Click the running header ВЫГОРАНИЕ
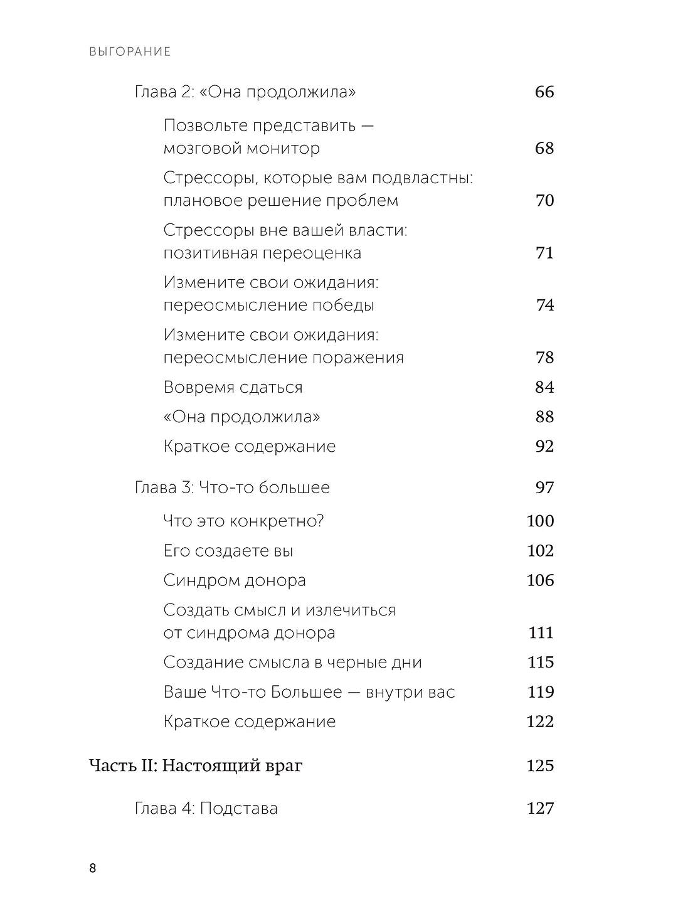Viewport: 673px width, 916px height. pyautogui.click(x=130, y=51)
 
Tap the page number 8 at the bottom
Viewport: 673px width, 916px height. pyautogui.click(x=93, y=868)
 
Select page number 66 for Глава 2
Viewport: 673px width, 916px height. pyautogui.click(x=544, y=92)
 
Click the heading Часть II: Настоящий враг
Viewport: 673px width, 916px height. pyautogui.click(x=196, y=766)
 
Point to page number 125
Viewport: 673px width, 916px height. pyautogui.click(x=540, y=766)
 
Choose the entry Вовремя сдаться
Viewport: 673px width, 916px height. pyautogui.click(x=233, y=387)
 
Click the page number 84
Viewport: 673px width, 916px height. pyautogui.click(x=544, y=387)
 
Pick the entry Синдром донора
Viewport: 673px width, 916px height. pyautogui.click(x=235, y=580)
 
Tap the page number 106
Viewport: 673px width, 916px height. pyautogui.click(x=540, y=580)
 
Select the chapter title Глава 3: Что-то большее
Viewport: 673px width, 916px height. pyautogui.click(x=232, y=487)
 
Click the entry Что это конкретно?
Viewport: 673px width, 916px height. pyautogui.click(x=243, y=521)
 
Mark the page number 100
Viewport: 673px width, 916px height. pyautogui.click(x=540, y=521)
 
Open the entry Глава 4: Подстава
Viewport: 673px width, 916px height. pyautogui.click(x=206, y=808)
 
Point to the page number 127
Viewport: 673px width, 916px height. pyautogui.click(x=540, y=808)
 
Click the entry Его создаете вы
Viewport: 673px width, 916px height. pyautogui.click(x=228, y=551)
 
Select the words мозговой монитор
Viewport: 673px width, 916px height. pyautogui.click(x=241, y=149)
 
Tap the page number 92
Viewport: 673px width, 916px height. pyautogui.click(x=544, y=446)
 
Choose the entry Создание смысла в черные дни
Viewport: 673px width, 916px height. pyautogui.click(x=292, y=663)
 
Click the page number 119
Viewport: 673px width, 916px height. pyautogui.click(x=540, y=692)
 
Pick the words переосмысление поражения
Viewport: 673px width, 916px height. pyautogui.click(x=284, y=358)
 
